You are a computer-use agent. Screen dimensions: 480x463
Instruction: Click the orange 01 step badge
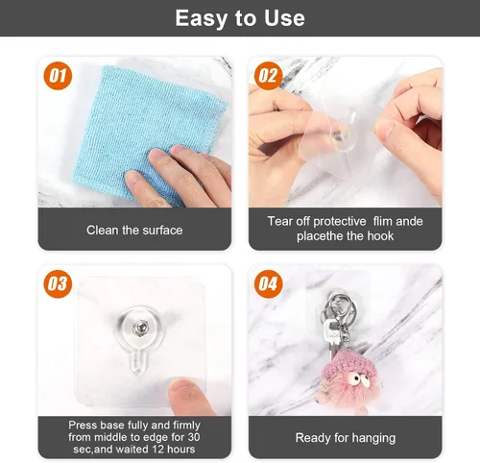58,76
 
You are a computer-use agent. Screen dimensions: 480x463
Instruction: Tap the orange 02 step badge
268,76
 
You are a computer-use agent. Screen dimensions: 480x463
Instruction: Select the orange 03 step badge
58,284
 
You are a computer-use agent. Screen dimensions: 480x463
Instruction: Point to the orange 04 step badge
268,284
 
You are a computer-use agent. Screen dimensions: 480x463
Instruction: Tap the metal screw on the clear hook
140,327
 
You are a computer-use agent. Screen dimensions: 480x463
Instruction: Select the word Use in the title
284,18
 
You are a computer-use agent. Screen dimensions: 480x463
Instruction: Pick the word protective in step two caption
340,222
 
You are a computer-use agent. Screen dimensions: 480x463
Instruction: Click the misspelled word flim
381,221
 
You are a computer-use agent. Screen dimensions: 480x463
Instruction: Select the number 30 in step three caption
194,437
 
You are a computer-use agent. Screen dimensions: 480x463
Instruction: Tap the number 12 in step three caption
158,449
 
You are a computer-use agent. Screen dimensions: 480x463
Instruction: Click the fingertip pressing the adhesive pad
183,389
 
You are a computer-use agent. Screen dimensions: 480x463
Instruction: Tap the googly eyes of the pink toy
359,378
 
